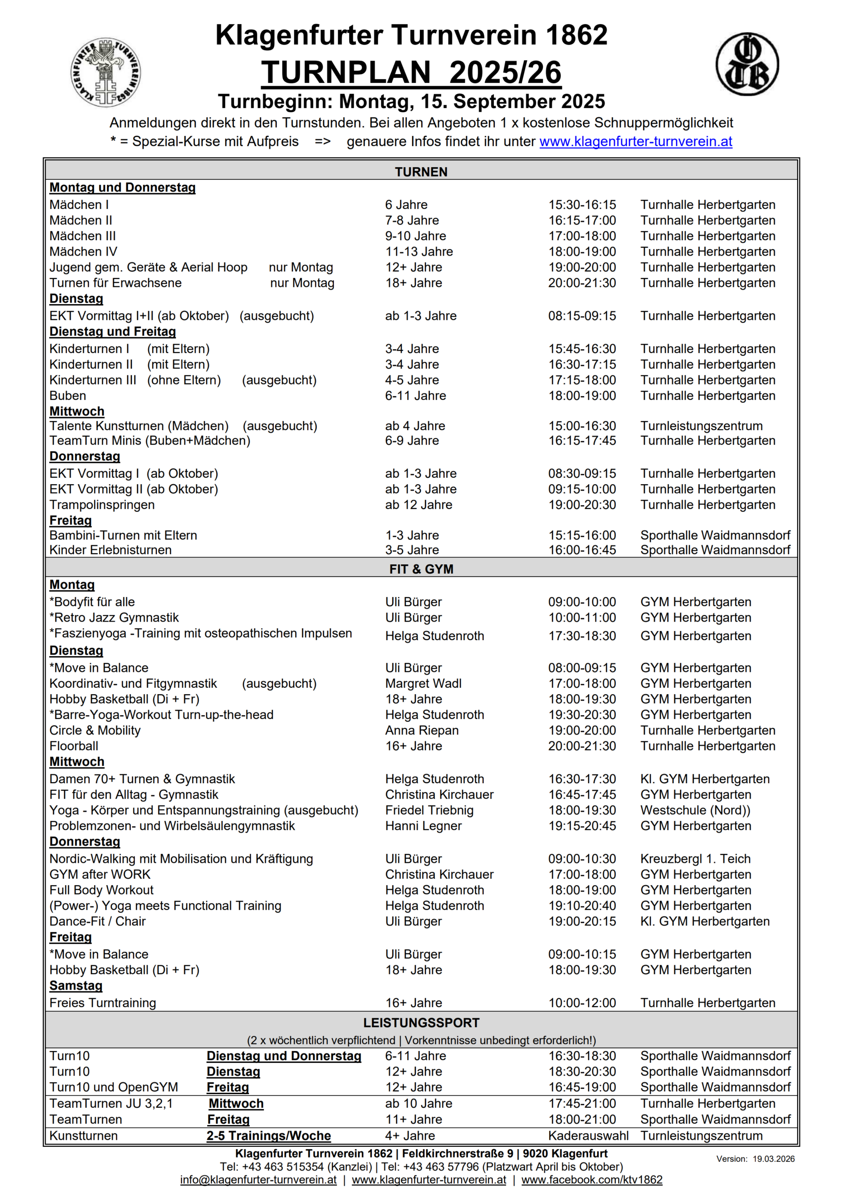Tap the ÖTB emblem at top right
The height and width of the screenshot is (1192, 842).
[747, 64]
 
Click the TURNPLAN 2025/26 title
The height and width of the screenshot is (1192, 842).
[411, 72]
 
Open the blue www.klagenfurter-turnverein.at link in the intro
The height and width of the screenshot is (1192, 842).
[635, 141]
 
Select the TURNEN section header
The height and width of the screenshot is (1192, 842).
[421, 172]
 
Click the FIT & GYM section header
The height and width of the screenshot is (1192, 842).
[421, 569]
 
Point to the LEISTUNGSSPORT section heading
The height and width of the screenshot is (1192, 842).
[421, 1023]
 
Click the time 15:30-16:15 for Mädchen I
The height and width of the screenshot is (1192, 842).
[582, 204]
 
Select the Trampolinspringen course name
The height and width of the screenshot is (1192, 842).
[102, 505]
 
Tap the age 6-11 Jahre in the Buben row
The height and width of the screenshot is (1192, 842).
[415, 396]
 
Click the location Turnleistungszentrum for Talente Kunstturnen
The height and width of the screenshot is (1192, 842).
[701, 426]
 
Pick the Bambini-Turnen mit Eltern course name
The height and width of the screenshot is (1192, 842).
[123, 535]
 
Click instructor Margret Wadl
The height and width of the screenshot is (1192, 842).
[423, 683]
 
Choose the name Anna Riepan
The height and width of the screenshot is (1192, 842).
[422, 730]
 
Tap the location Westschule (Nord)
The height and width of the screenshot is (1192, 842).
[695, 810]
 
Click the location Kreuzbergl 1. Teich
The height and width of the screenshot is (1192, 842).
[695, 859]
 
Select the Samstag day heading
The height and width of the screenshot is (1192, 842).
[76, 985]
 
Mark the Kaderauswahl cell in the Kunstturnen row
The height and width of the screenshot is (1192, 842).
[588, 1135]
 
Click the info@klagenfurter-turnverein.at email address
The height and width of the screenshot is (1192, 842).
[258, 1179]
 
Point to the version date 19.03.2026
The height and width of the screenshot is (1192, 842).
[774, 1159]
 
